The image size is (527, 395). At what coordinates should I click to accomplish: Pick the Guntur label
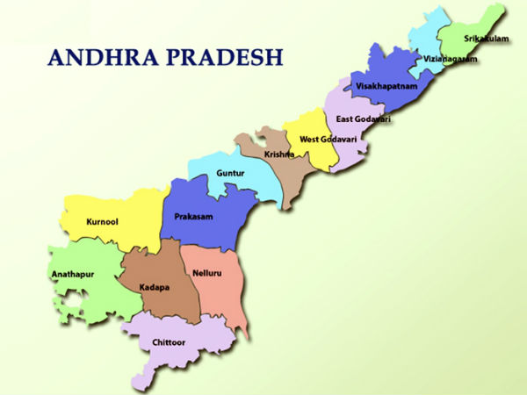point(231,173)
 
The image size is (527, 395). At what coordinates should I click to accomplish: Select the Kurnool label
point(103,222)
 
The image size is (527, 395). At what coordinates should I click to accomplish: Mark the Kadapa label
point(154,287)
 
